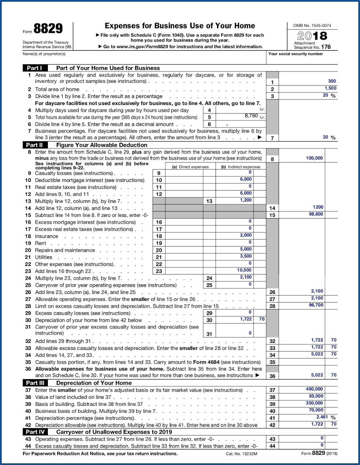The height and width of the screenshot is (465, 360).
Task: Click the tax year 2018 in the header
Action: (312, 36)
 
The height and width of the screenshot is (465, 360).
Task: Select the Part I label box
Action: (35, 68)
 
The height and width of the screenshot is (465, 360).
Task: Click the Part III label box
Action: (35, 383)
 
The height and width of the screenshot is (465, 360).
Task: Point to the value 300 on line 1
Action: (332, 81)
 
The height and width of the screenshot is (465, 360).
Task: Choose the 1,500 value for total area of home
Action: (330, 88)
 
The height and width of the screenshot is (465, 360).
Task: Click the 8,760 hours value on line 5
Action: (251, 116)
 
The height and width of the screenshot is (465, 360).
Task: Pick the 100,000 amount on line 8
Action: (314, 158)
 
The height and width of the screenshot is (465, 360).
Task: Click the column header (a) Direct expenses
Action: (190, 167)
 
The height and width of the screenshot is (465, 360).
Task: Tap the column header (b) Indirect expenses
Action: (241, 167)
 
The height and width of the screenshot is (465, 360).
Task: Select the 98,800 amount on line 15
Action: (316, 214)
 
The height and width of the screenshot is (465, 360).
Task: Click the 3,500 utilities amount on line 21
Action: (246, 256)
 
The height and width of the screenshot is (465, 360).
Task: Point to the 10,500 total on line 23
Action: (244, 270)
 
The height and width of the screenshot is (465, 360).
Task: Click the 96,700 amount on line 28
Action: (316, 305)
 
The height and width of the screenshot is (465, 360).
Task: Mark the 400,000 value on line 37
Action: (314, 389)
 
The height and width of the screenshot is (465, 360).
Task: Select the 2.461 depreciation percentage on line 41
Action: (322, 417)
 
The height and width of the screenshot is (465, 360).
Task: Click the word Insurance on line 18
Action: (46, 236)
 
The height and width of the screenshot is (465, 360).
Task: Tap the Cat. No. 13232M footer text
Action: (241, 454)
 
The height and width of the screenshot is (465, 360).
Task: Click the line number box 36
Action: (272, 376)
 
